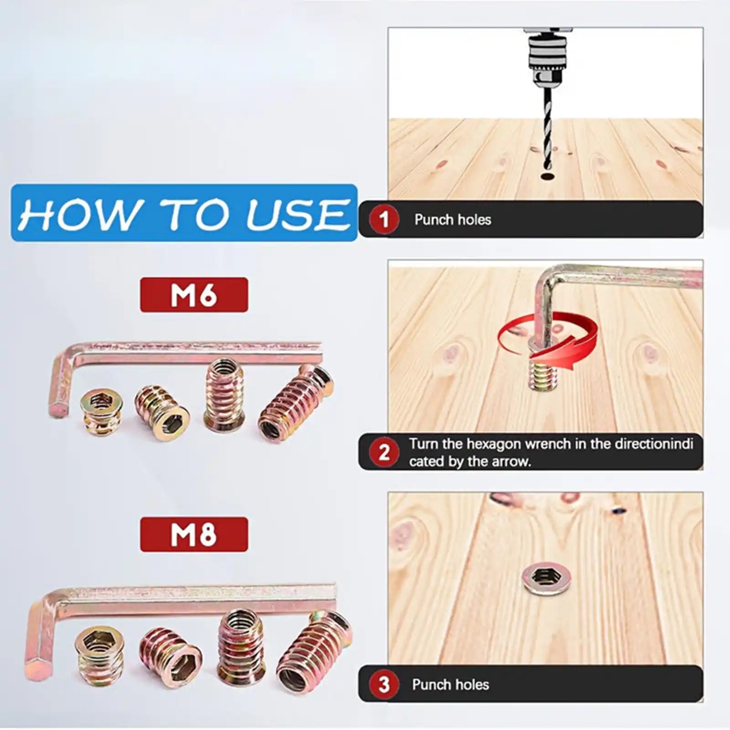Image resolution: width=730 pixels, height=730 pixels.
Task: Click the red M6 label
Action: tap(194, 295)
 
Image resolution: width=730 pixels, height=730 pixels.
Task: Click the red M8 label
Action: tap(194, 534)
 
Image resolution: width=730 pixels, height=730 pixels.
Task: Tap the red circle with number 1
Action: tap(384, 219)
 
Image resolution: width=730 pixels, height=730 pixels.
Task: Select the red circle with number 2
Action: tap(384, 452)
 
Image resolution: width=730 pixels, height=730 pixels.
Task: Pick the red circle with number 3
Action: tap(384, 684)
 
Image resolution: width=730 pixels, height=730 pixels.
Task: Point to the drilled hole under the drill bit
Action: tap(546, 175)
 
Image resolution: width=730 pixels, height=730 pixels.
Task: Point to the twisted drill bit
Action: tap(546, 132)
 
